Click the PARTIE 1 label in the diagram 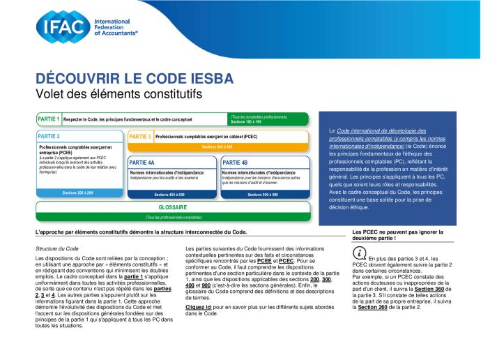click(48, 119)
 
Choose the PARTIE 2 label click(49, 136)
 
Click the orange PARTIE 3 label click(140, 136)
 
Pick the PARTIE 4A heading click(142, 162)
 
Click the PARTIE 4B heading click(235, 162)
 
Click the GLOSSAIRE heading click(174, 207)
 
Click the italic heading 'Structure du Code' click(56, 248)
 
